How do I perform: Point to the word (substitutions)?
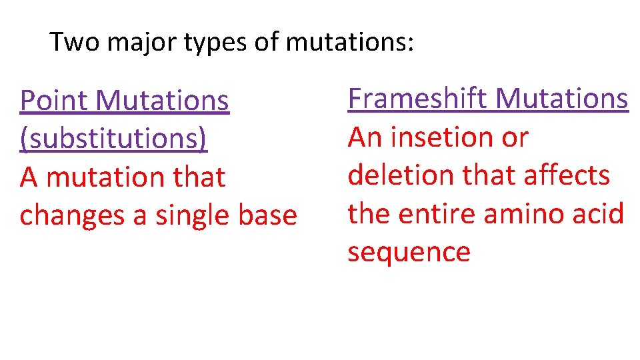tap(113, 139)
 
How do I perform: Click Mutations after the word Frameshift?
tap(562, 99)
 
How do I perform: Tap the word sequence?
tap(409, 253)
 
